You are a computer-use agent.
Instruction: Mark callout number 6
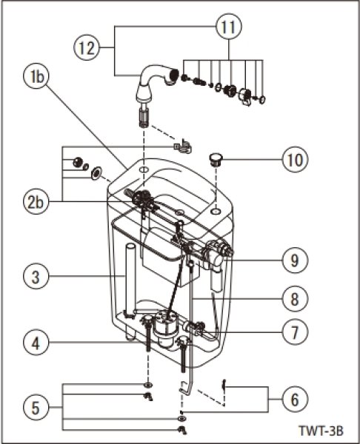(294, 399)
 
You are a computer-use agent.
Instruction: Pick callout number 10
(294, 159)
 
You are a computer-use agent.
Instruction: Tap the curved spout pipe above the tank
(152, 80)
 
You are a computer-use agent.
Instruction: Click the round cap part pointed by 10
(216, 157)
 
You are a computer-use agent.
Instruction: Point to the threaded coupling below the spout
(143, 118)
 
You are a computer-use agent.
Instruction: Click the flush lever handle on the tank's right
(220, 253)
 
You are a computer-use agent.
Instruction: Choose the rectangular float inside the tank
(160, 248)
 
